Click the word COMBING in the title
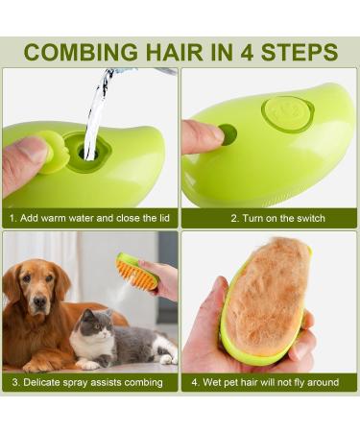(x=79, y=52)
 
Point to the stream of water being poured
(x=96, y=115)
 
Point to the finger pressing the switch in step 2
(x=202, y=136)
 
